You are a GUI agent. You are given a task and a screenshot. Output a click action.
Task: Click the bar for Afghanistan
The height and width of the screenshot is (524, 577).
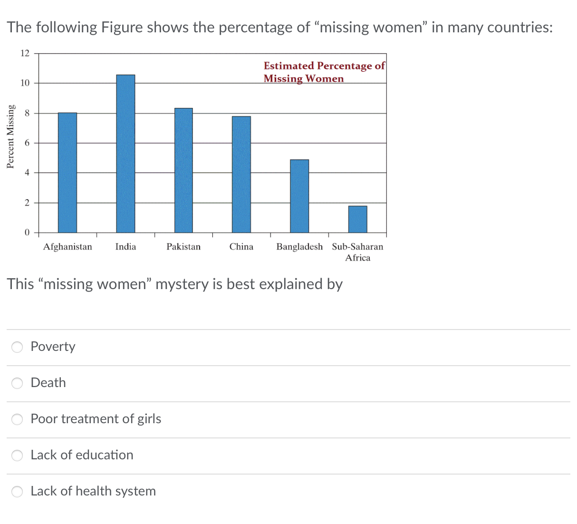(x=67, y=173)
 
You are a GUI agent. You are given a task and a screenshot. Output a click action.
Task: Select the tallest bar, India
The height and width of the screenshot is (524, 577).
(x=125, y=154)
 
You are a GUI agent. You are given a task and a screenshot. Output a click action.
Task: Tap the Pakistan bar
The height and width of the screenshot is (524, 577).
(x=183, y=170)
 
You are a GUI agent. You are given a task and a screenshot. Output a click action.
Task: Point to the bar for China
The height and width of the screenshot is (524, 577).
(x=241, y=175)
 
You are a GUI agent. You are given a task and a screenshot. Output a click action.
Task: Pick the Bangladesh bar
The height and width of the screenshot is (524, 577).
(x=299, y=196)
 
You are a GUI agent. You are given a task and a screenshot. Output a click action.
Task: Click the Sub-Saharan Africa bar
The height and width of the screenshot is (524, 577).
(x=357, y=219)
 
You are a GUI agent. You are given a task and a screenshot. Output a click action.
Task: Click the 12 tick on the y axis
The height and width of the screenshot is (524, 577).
(x=25, y=53)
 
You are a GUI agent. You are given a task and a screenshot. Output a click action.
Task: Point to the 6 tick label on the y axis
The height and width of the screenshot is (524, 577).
(x=27, y=143)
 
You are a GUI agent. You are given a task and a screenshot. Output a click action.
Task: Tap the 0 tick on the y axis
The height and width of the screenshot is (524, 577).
(x=27, y=233)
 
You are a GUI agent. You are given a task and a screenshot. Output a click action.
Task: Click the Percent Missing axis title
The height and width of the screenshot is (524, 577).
(x=10, y=136)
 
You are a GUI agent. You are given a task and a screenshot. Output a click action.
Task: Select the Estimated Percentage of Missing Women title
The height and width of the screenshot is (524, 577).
(x=324, y=72)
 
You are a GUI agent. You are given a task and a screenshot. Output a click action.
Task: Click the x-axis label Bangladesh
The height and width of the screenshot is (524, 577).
(x=299, y=247)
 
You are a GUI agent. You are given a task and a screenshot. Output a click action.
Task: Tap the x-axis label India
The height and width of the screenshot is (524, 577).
(x=125, y=247)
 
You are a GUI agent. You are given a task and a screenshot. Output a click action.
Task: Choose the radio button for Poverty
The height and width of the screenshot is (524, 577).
(x=17, y=347)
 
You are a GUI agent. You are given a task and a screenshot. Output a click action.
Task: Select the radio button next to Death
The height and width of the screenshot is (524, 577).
(x=17, y=383)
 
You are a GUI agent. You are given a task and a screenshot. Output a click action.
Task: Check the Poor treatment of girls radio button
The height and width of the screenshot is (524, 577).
(x=17, y=419)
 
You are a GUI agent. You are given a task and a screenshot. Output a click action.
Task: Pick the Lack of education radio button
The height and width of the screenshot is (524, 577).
(x=17, y=456)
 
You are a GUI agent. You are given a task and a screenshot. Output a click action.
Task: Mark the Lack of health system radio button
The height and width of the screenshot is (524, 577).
(x=17, y=492)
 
